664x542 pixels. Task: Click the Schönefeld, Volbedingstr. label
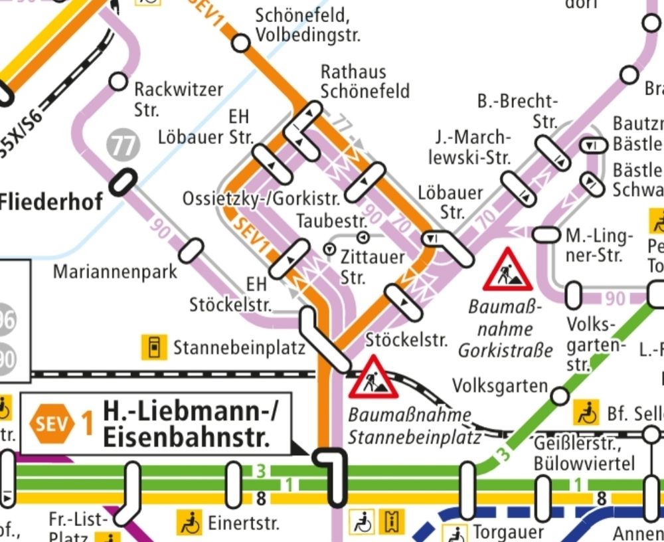(x=308, y=25)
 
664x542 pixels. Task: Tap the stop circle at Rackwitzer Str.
(x=118, y=81)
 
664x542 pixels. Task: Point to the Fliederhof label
(x=52, y=201)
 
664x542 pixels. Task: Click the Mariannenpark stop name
(x=115, y=272)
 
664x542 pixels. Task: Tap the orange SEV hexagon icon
(x=52, y=423)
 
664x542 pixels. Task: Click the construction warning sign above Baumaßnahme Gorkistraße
(x=507, y=271)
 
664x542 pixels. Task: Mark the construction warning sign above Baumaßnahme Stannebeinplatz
(x=373, y=378)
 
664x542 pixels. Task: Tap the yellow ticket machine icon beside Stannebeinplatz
(x=154, y=347)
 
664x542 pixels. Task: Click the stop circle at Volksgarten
(x=560, y=397)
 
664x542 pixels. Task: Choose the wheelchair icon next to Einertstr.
(x=189, y=523)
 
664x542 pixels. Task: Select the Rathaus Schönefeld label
(x=365, y=81)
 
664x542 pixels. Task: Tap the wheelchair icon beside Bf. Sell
(x=587, y=413)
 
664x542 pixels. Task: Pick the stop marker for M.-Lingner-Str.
(x=546, y=234)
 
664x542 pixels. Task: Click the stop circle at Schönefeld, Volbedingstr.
(x=240, y=44)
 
